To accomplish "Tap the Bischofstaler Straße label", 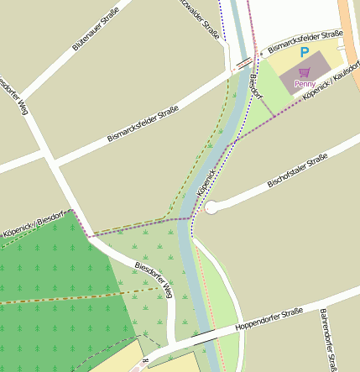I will tap(296, 171).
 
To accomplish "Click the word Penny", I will tap(305, 84).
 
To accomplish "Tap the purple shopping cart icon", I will tap(304, 73).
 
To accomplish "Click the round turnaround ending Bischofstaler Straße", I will tap(211, 207).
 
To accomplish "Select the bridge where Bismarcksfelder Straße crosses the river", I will tap(245, 62).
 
